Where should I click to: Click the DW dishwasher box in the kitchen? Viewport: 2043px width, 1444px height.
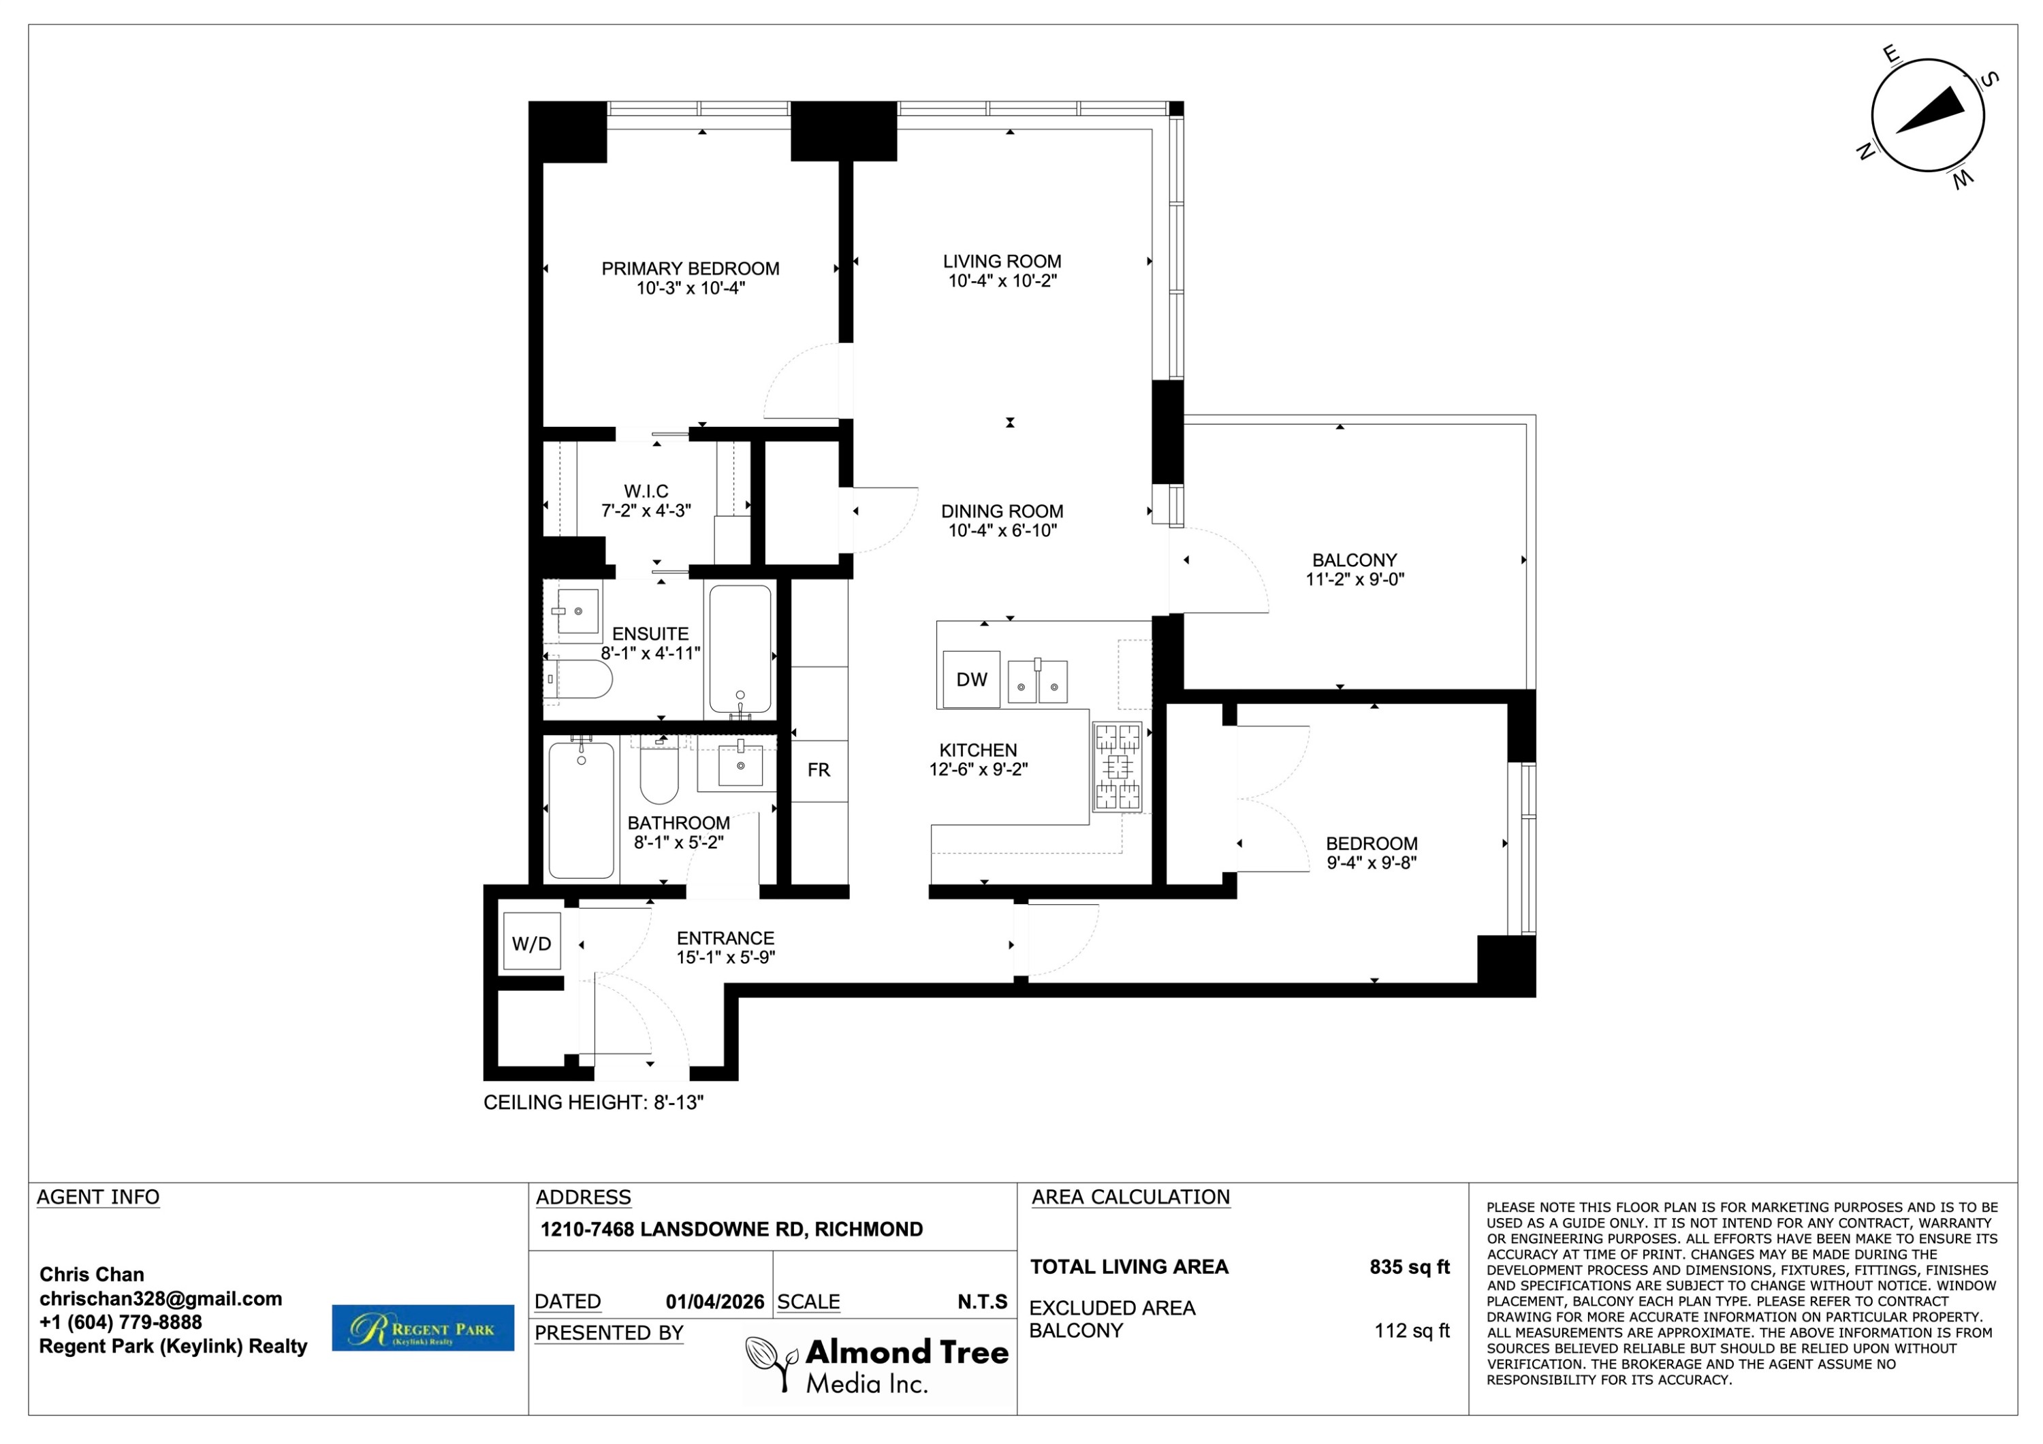[971, 679]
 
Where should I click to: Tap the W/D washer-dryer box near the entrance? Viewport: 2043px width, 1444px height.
[531, 943]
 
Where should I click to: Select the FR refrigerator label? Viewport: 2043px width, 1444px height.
[819, 769]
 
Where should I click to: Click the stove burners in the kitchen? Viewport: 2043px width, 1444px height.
[1117, 766]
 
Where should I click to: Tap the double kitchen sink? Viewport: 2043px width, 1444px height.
[1038, 681]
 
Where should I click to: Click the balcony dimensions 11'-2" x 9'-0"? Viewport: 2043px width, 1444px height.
[1355, 579]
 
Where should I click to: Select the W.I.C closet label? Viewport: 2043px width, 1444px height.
[646, 491]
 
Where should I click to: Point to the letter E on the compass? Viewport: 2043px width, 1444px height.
[1891, 54]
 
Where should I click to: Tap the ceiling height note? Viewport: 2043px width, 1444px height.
[594, 1102]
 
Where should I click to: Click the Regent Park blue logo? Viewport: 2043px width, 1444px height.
[423, 1328]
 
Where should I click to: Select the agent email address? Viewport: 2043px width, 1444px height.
[161, 1298]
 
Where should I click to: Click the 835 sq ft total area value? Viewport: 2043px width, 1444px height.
[1410, 1267]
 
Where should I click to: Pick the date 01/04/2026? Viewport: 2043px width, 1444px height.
[714, 1302]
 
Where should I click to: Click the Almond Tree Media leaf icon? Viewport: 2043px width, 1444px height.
[772, 1364]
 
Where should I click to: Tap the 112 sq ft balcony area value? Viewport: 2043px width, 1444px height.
[1412, 1330]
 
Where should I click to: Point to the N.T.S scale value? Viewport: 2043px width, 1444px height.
[983, 1302]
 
